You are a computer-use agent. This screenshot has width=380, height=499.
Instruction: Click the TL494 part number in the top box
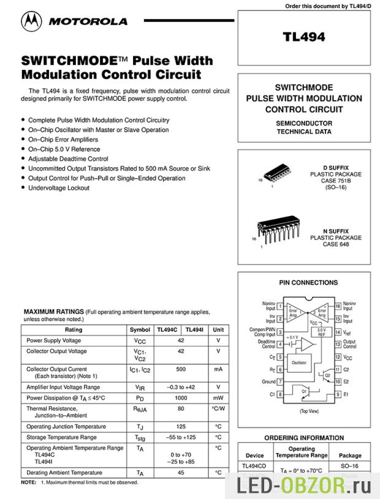pos(303,36)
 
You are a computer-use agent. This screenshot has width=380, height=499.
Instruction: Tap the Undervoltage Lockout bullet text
pos(59,188)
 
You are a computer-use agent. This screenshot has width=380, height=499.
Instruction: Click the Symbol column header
pos(140,329)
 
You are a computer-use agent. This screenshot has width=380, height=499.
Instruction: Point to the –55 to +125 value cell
pos(181,438)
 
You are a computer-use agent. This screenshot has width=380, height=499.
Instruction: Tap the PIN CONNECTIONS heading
pos(308,283)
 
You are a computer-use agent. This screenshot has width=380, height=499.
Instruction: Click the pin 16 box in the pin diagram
pos(337,305)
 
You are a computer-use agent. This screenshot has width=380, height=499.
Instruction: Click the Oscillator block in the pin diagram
pos(299,362)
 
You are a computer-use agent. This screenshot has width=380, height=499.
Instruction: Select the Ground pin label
pos(268,381)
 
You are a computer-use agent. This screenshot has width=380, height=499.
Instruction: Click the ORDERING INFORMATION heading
pos(304,438)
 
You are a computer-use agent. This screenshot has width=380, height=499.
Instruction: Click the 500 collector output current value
pos(181,370)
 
